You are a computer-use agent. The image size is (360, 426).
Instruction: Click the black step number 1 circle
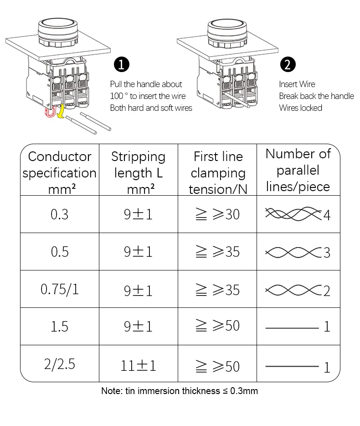pos(121,64)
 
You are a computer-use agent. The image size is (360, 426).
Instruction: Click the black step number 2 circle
pos(288,64)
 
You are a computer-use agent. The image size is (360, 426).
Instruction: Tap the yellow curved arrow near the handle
pos(62,111)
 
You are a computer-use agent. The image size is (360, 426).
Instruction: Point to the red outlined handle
pos(50,112)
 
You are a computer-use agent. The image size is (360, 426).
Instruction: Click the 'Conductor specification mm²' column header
pos(59,172)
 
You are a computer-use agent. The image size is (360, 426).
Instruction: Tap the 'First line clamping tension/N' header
pos(218,172)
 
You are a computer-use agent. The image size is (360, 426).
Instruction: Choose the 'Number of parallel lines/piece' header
pos(298,170)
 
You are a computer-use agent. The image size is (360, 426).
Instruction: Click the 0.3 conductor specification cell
pos(59,214)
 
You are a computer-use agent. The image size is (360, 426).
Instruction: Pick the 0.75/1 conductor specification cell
pos(59,289)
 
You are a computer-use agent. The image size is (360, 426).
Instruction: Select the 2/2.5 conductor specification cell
pos(59,364)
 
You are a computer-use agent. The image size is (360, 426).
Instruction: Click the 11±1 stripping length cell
pos(138,366)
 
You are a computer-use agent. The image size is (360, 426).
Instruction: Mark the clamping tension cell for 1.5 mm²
pos(217,326)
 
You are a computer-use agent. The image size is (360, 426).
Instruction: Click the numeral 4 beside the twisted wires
pos(327,215)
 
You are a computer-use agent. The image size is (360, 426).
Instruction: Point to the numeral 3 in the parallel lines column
pos(327,253)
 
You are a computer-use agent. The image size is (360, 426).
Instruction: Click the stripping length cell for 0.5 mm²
pos(138,252)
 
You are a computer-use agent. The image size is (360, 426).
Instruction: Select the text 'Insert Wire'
pos(297,84)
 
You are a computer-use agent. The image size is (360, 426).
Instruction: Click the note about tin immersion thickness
pos(180,391)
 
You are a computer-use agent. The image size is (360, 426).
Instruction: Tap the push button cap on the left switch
pos(58,32)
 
